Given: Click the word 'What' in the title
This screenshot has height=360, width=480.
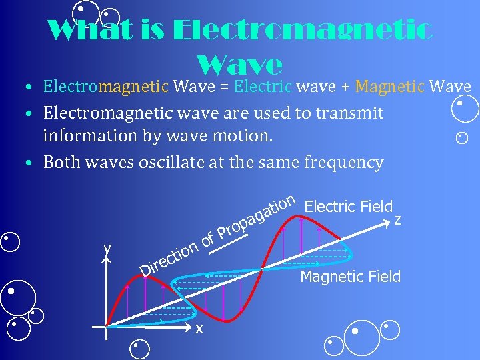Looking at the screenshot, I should click(81, 31).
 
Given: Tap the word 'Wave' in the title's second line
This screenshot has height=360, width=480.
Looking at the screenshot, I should click(241, 65).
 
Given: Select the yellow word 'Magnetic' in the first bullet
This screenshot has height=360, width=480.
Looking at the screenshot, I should click(389, 87).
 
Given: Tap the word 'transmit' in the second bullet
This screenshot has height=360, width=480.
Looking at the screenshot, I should click(349, 113).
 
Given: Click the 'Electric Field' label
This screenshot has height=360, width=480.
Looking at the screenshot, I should click(348, 207).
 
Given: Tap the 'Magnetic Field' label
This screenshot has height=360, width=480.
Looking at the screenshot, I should click(351, 276).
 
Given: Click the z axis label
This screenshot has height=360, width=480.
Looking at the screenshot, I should click(398, 220).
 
